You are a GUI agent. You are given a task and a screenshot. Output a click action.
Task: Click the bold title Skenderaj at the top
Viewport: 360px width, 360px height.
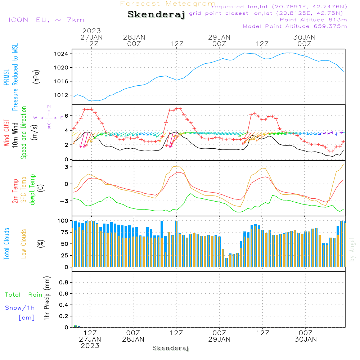pos(156,14)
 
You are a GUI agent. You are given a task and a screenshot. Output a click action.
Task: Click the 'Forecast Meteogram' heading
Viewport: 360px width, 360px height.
pos(168,4)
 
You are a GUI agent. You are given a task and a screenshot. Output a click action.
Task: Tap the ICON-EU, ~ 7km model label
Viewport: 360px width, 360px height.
pos(46,20)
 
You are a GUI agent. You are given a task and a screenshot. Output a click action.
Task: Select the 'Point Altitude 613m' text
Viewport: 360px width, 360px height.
pos(313,19)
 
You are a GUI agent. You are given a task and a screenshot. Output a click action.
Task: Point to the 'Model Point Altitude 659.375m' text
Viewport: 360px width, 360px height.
pos(295,26)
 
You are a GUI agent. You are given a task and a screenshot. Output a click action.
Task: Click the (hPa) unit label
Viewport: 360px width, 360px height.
pos(36,76)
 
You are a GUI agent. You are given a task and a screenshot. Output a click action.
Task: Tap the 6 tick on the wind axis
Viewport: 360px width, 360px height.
pos(67,116)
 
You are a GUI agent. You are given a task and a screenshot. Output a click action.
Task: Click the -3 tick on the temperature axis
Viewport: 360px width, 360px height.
pos(66,201)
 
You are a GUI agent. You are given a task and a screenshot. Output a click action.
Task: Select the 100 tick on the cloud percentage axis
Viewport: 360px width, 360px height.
pos(63,220)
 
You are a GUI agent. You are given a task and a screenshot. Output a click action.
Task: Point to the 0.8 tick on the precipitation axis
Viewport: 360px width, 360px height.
pos(64,282)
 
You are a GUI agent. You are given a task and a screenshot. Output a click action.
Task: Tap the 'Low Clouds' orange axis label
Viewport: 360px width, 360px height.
pos(24,244)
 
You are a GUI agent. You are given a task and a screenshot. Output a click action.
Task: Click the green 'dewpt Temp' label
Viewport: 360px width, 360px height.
pos(32,189)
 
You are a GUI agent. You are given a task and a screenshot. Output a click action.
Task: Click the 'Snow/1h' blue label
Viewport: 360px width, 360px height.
pos(20,308)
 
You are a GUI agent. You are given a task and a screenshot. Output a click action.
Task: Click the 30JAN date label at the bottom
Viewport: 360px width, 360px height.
pos(306,339)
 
